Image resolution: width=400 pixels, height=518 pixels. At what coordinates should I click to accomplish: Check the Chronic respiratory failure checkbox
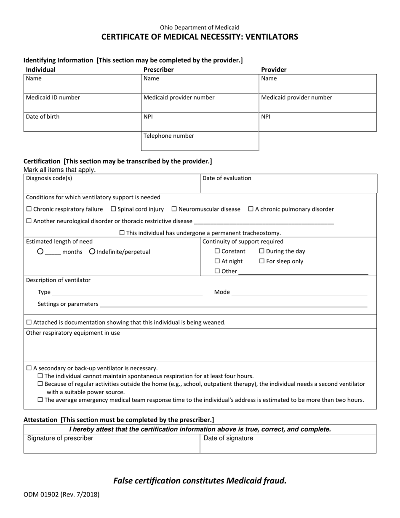click(29, 209)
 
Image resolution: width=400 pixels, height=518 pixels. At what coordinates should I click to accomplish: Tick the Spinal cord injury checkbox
click(113, 209)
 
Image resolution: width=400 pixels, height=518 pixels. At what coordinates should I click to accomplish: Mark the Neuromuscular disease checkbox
click(174, 209)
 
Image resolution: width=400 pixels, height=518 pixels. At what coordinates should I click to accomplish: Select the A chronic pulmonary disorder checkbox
click(251, 209)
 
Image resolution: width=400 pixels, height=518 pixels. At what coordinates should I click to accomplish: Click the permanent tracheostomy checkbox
click(122, 233)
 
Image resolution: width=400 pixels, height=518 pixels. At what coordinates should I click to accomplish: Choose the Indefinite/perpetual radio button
click(92, 252)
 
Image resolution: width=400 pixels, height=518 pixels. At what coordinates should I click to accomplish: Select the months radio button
click(40, 252)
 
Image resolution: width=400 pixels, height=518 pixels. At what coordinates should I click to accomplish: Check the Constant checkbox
click(217, 251)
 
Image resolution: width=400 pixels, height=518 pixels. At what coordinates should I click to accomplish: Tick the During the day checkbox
click(262, 251)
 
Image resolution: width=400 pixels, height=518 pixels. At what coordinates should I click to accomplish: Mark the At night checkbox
click(217, 262)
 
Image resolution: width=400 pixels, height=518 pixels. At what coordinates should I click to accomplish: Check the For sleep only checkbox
click(262, 262)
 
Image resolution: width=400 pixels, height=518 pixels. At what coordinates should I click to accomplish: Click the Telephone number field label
click(169, 136)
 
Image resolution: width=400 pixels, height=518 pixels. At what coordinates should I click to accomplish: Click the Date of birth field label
click(43, 117)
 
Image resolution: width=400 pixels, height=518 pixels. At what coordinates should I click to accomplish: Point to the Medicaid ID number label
click(53, 98)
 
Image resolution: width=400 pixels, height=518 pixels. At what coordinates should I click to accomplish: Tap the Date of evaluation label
click(227, 178)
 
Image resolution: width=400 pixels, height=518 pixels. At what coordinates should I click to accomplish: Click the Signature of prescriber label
click(60, 438)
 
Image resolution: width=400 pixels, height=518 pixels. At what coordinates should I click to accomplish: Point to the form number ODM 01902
click(42, 495)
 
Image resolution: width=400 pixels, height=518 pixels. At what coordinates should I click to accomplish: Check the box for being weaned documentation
click(29, 323)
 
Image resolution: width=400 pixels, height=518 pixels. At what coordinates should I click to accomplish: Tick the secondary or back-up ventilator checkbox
click(29, 368)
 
